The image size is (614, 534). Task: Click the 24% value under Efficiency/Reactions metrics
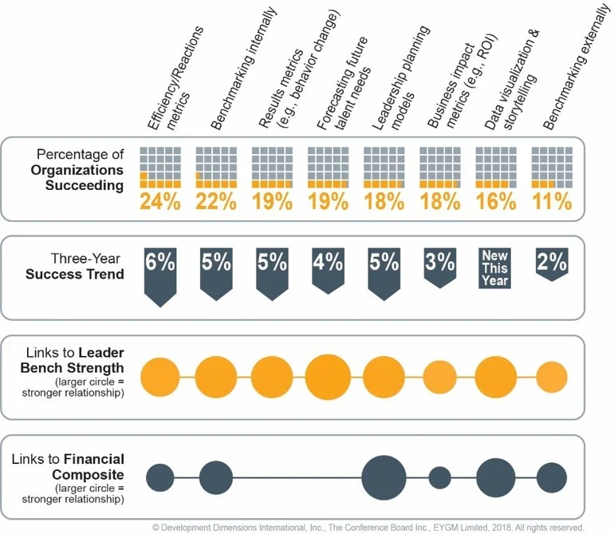coord(159,200)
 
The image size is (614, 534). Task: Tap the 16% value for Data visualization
coord(495,200)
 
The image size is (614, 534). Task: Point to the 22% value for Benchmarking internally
coord(215,200)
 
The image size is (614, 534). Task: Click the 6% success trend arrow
coord(159,272)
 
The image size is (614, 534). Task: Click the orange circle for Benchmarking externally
coord(551,377)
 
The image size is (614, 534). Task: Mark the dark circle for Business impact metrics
coord(439,478)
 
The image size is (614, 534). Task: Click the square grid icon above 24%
coord(159,165)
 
